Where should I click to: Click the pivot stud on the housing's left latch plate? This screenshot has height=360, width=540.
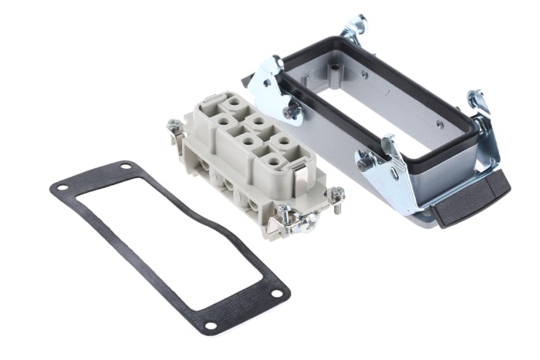coord(292,113)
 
